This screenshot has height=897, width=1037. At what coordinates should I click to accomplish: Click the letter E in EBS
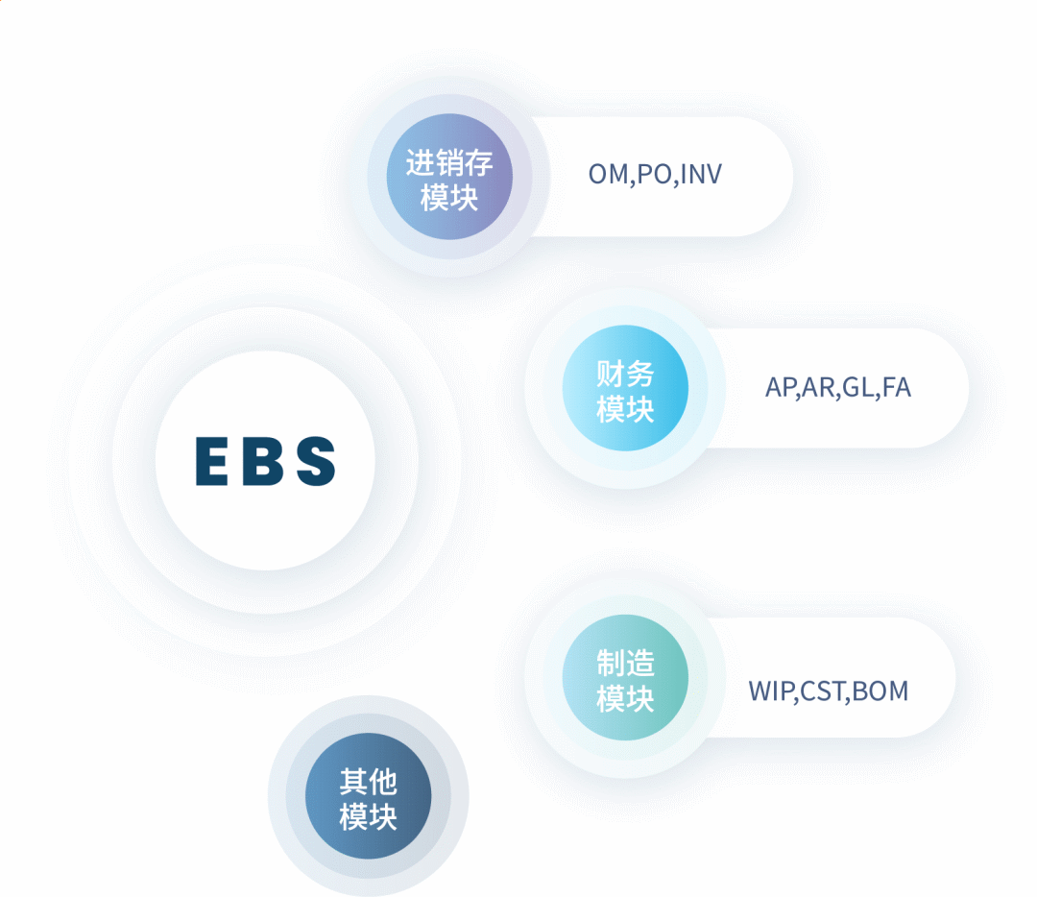(212, 461)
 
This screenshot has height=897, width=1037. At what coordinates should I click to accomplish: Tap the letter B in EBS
(264, 461)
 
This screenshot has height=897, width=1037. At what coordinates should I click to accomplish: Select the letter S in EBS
(316, 461)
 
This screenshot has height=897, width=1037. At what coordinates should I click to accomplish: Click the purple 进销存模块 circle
(449, 178)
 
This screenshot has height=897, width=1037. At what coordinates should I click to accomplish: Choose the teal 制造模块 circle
(625, 678)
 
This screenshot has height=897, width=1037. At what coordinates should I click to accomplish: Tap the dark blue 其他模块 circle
(368, 796)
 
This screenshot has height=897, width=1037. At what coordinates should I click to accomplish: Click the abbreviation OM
(607, 175)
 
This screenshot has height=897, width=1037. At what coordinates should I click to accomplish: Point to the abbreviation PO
(655, 175)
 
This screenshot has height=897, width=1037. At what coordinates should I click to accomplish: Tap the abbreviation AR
(819, 388)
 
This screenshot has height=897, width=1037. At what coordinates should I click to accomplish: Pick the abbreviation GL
(857, 388)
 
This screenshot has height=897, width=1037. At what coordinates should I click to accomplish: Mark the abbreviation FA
(896, 388)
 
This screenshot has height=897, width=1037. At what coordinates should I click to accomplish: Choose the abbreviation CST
(822, 691)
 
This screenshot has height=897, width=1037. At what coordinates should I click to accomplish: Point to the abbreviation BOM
(880, 691)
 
